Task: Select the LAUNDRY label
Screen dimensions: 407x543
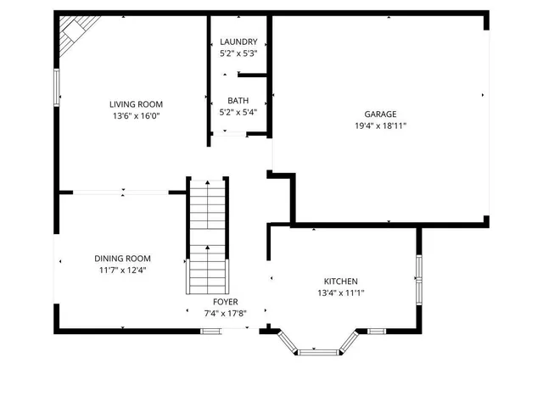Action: click(238, 42)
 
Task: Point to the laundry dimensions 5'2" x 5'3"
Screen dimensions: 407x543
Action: click(238, 54)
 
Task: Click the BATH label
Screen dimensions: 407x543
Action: click(238, 100)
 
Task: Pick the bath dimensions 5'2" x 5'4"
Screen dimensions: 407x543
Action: click(238, 112)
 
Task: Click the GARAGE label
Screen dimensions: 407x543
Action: click(380, 114)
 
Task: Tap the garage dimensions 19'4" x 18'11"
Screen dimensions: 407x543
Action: click(380, 125)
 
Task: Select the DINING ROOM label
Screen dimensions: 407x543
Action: click(122, 259)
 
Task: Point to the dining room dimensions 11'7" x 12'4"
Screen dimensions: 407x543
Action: click(122, 270)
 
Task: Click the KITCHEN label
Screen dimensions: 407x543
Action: click(340, 282)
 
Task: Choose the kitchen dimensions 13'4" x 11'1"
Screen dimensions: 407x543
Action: click(340, 293)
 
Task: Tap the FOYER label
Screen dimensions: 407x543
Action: click(225, 302)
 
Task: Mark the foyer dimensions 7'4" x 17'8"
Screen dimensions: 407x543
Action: click(225, 314)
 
